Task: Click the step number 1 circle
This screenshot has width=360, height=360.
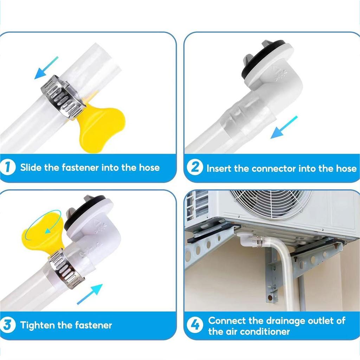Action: pyautogui.click(x=8, y=167)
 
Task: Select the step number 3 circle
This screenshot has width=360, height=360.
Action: pyautogui.click(x=8, y=325)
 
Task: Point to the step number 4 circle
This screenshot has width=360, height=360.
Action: pyautogui.click(x=195, y=325)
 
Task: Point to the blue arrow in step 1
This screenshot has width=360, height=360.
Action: pyautogui.click(x=46, y=68)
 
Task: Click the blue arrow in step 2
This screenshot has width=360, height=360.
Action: pyautogui.click(x=284, y=127)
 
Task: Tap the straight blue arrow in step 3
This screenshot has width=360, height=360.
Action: pyautogui.click(x=90, y=294)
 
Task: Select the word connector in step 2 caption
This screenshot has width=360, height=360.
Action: pyautogui.click(x=274, y=168)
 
